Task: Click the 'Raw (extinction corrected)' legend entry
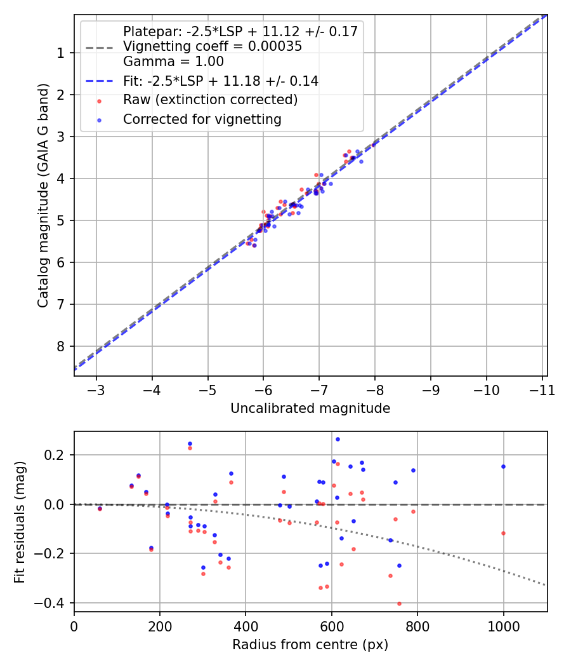(210, 100)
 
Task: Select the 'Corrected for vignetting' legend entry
(202, 119)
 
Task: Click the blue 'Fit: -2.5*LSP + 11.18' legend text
(220, 81)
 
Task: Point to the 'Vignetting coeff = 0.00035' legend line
(213, 46)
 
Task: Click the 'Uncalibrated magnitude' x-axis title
(310, 408)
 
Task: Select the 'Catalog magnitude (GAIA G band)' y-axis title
(43, 195)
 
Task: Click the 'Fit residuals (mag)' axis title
(20, 522)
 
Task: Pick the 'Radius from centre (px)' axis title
(310, 645)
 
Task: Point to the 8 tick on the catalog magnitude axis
(61, 346)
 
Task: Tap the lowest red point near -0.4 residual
(399, 603)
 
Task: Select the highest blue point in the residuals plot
(338, 439)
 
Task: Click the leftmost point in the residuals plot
(100, 508)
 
